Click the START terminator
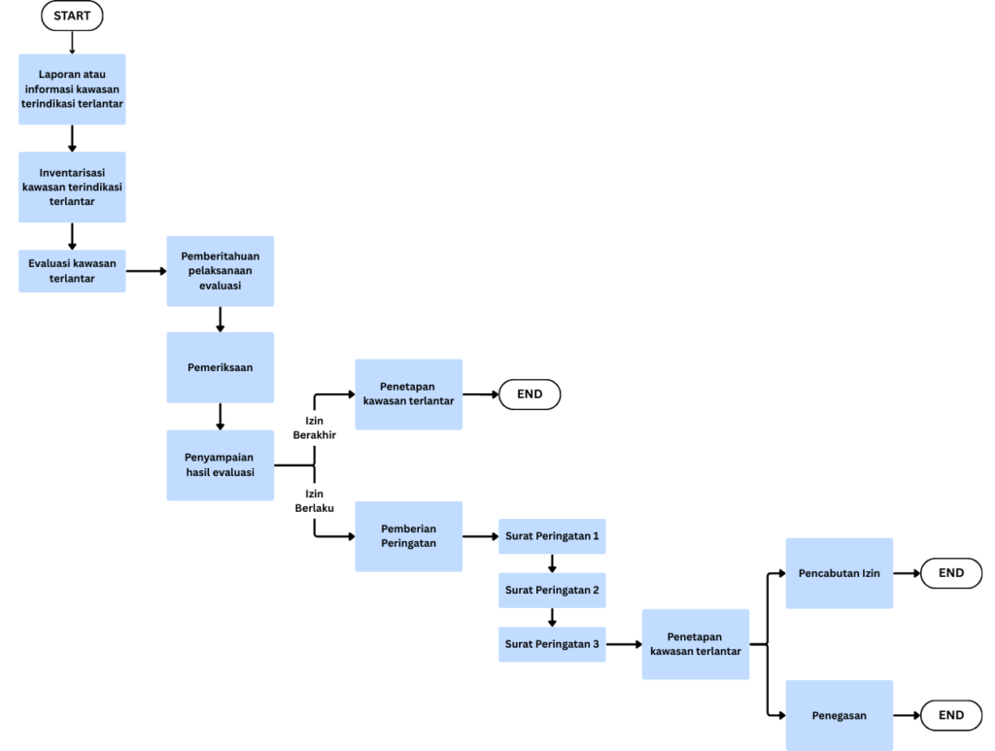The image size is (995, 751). tap(72, 17)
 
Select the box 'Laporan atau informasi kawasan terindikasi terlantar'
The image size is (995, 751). tap(72, 89)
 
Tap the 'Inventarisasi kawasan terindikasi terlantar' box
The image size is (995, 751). tap(72, 188)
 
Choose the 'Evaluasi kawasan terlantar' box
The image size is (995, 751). tap(72, 270)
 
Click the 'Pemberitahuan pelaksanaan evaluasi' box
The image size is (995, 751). tap(220, 271)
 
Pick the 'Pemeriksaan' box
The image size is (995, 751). tap(220, 367)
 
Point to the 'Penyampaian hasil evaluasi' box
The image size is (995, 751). tap(220, 465)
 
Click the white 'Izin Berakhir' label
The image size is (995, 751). tap(314, 428)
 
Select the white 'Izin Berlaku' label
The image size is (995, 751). tap(314, 500)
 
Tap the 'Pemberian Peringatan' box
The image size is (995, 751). tap(408, 536)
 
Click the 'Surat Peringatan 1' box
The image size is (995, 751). tap(552, 536)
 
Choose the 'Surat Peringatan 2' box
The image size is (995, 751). tap(552, 590)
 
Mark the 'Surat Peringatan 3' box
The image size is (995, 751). tap(552, 643)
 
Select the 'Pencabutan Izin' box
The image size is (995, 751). tap(839, 573)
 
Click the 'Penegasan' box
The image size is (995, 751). tap(839, 716)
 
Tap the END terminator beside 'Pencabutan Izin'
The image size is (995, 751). tap(951, 573)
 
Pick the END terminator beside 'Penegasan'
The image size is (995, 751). tap(951, 716)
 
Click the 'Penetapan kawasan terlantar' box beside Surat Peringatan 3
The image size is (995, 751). tap(696, 644)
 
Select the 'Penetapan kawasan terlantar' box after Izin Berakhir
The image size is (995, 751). tap(408, 393)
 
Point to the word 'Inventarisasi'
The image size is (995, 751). tap(72, 173)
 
